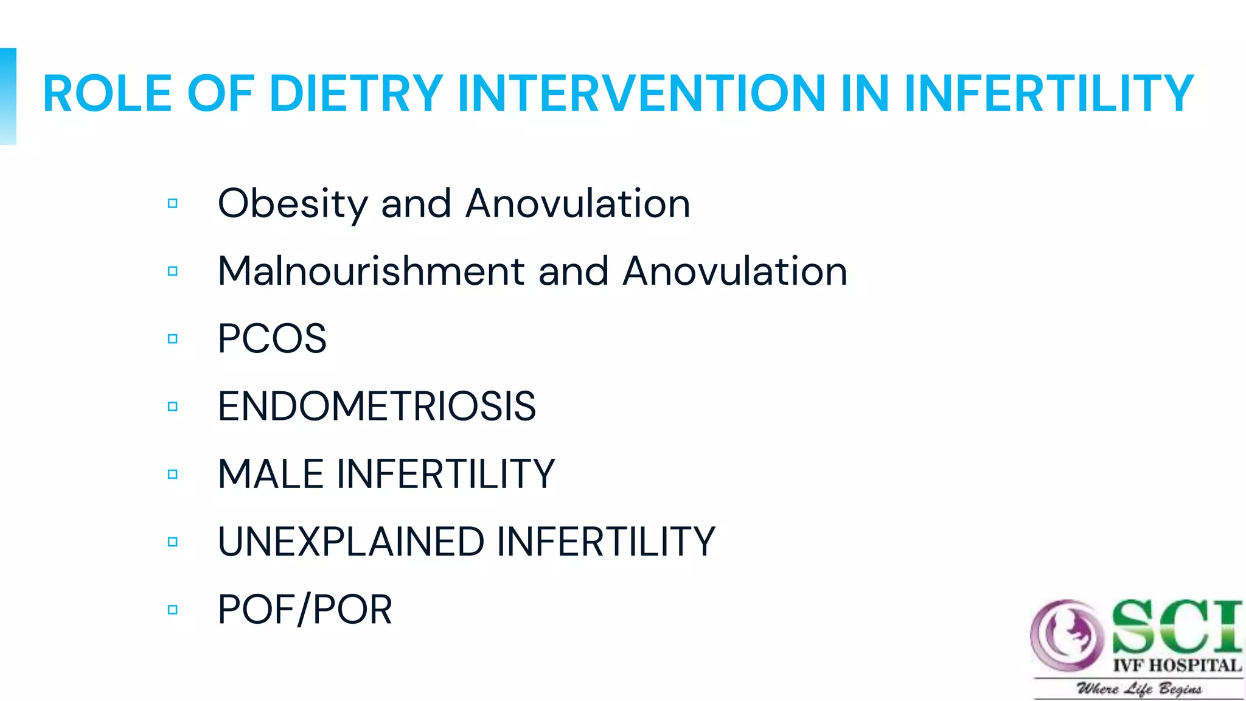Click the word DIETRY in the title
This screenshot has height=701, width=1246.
(x=356, y=94)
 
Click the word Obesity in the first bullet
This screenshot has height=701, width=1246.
(x=292, y=204)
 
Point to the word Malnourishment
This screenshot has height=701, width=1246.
(x=371, y=271)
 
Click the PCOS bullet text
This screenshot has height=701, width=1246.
(x=272, y=339)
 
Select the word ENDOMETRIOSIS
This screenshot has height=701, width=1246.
(x=377, y=406)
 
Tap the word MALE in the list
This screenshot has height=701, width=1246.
(x=270, y=474)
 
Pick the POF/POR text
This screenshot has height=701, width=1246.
(x=305, y=610)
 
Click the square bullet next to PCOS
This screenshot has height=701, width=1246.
(x=173, y=339)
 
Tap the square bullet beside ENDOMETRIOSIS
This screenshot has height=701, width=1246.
(x=173, y=406)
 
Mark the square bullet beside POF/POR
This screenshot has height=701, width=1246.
(x=173, y=610)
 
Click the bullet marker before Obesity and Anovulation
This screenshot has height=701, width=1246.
(x=173, y=203)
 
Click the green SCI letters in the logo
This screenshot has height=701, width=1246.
(x=1175, y=627)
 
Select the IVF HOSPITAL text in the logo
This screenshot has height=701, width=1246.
(x=1177, y=666)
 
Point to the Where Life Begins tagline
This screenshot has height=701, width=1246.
(x=1139, y=689)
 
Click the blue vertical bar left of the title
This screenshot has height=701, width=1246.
(x=8, y=96)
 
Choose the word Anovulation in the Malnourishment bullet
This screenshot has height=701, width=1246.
(x=734, y=271)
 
